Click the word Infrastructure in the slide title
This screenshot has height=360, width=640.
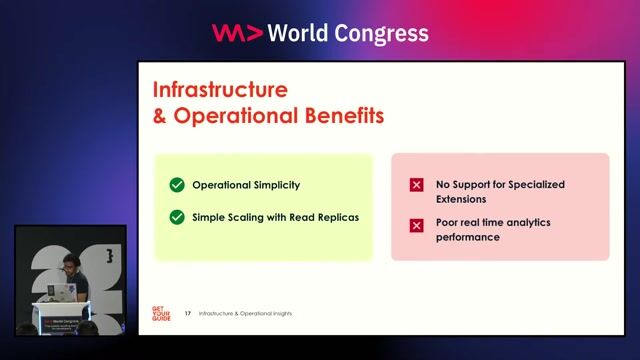219,89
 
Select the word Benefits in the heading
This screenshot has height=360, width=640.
340,115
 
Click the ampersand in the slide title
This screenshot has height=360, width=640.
160,115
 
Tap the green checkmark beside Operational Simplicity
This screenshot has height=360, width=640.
177,185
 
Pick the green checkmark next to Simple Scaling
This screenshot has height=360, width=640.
177,216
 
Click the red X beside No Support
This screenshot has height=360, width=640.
416,185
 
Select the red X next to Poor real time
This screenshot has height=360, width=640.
416,225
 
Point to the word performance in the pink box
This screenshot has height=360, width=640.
468,237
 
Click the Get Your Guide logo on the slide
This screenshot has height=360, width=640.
160,313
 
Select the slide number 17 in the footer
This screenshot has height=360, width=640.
188,314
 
